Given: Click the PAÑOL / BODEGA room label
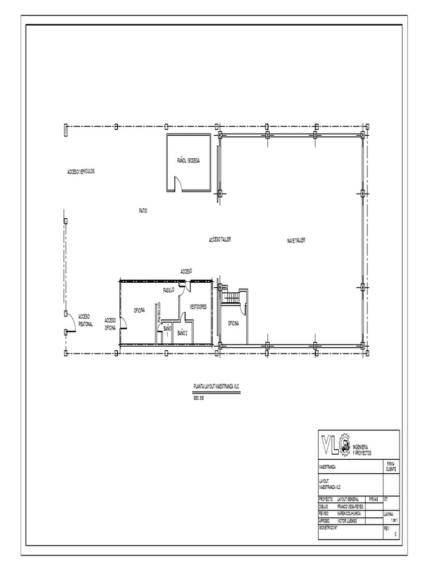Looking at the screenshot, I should coord(188,160).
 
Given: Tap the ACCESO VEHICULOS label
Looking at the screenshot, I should coord(81,171).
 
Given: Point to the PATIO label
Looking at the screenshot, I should coord(143,210).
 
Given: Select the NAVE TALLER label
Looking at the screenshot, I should coord(296,240).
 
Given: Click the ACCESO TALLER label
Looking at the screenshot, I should coord(220,239).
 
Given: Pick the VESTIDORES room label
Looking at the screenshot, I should coord(198,307).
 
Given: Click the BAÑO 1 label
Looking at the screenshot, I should coord(166,332).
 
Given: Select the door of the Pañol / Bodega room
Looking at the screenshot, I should coord(179,184).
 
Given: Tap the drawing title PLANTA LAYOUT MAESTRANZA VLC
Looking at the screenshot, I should coord(216,386).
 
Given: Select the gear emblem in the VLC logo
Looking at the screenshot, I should coord(344,445).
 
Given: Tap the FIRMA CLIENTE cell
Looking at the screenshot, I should coord(391,466).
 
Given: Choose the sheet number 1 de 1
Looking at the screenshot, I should coord(393,519).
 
